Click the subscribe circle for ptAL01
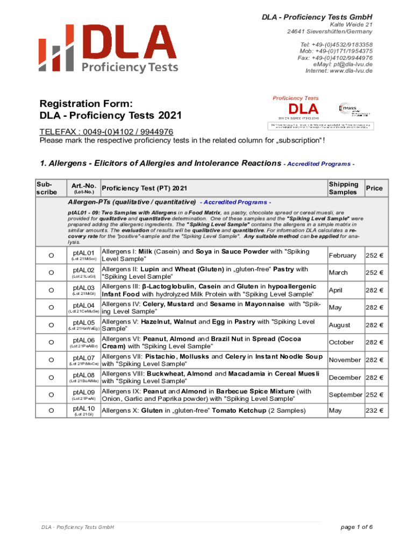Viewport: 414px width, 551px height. [x=51, y=256]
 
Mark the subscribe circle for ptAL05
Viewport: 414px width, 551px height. [x=51, y=325]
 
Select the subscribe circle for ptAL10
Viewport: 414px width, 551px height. [x=51, y=411]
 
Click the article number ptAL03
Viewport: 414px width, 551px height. [x=83, y=288]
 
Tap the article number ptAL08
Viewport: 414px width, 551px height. [x=83, y=375]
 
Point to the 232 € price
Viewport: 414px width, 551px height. [x=374, y=411]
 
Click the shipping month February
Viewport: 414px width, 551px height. [x=342, y=256]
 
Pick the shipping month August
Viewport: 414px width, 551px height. [x=339, y=325]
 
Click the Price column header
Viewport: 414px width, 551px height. [x=374, y=188]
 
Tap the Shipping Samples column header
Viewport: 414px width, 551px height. [x=342, y=188]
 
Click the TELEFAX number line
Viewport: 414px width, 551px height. [x=106, y=132]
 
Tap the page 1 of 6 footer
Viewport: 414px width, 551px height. [x=356, y=527]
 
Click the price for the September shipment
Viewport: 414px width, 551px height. [x=374, y=394]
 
